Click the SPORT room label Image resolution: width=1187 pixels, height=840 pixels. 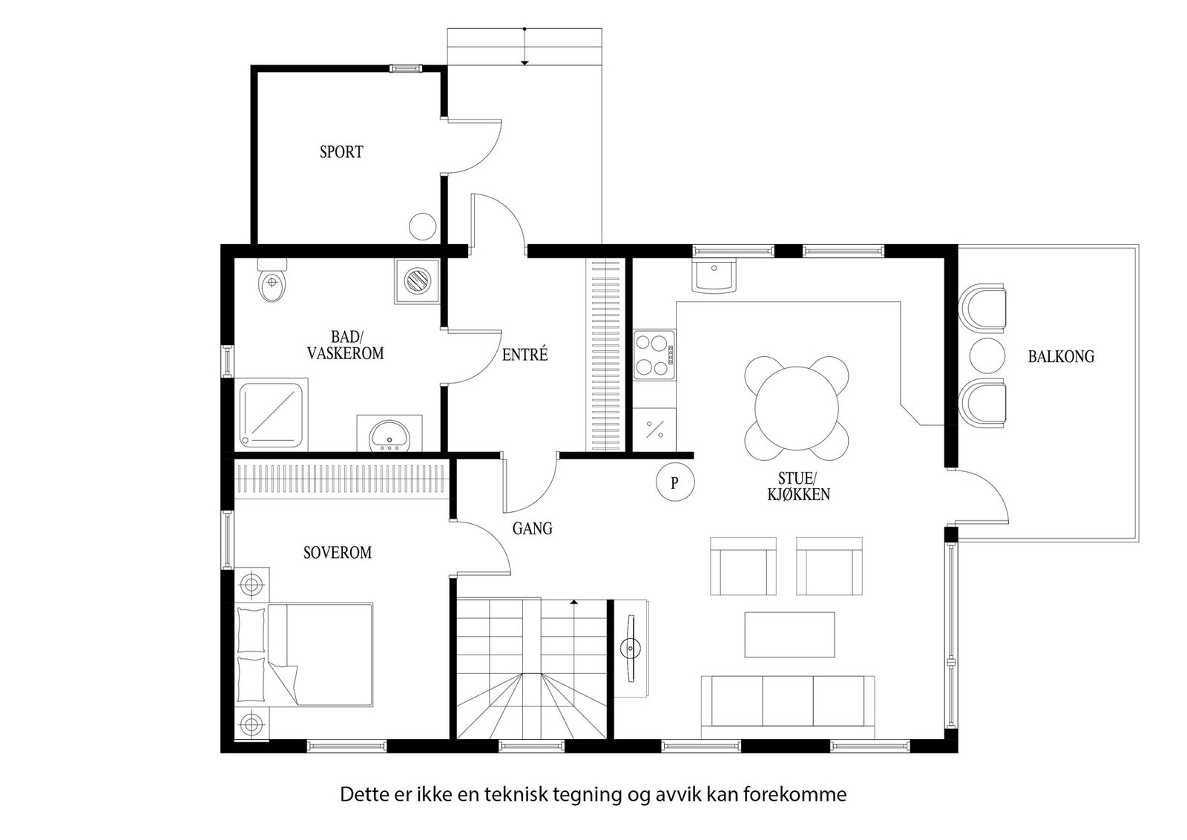coord(341,152)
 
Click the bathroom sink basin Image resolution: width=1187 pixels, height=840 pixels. coord(389,435)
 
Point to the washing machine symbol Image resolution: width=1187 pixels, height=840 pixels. coord(417,282)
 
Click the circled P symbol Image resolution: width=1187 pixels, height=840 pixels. coord(674,483)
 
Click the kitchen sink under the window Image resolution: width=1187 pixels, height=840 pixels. coord(714,276)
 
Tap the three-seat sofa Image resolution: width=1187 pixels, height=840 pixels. coord(788,701)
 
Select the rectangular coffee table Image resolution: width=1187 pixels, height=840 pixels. coord(789,634)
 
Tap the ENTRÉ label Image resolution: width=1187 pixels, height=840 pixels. coord(525,355)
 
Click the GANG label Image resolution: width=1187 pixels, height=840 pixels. coord(533,529)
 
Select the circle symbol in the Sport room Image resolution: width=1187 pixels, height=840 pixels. coord(423,226)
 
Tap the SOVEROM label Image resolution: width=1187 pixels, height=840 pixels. coord(338,553)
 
